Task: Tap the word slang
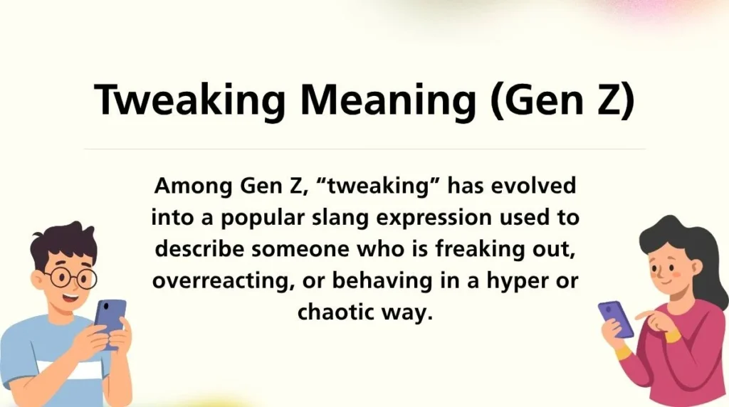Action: click(339, 218)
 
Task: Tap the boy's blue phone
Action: click(110, 316)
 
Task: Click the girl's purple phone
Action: click(616, 319)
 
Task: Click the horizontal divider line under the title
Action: click(364, 149)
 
